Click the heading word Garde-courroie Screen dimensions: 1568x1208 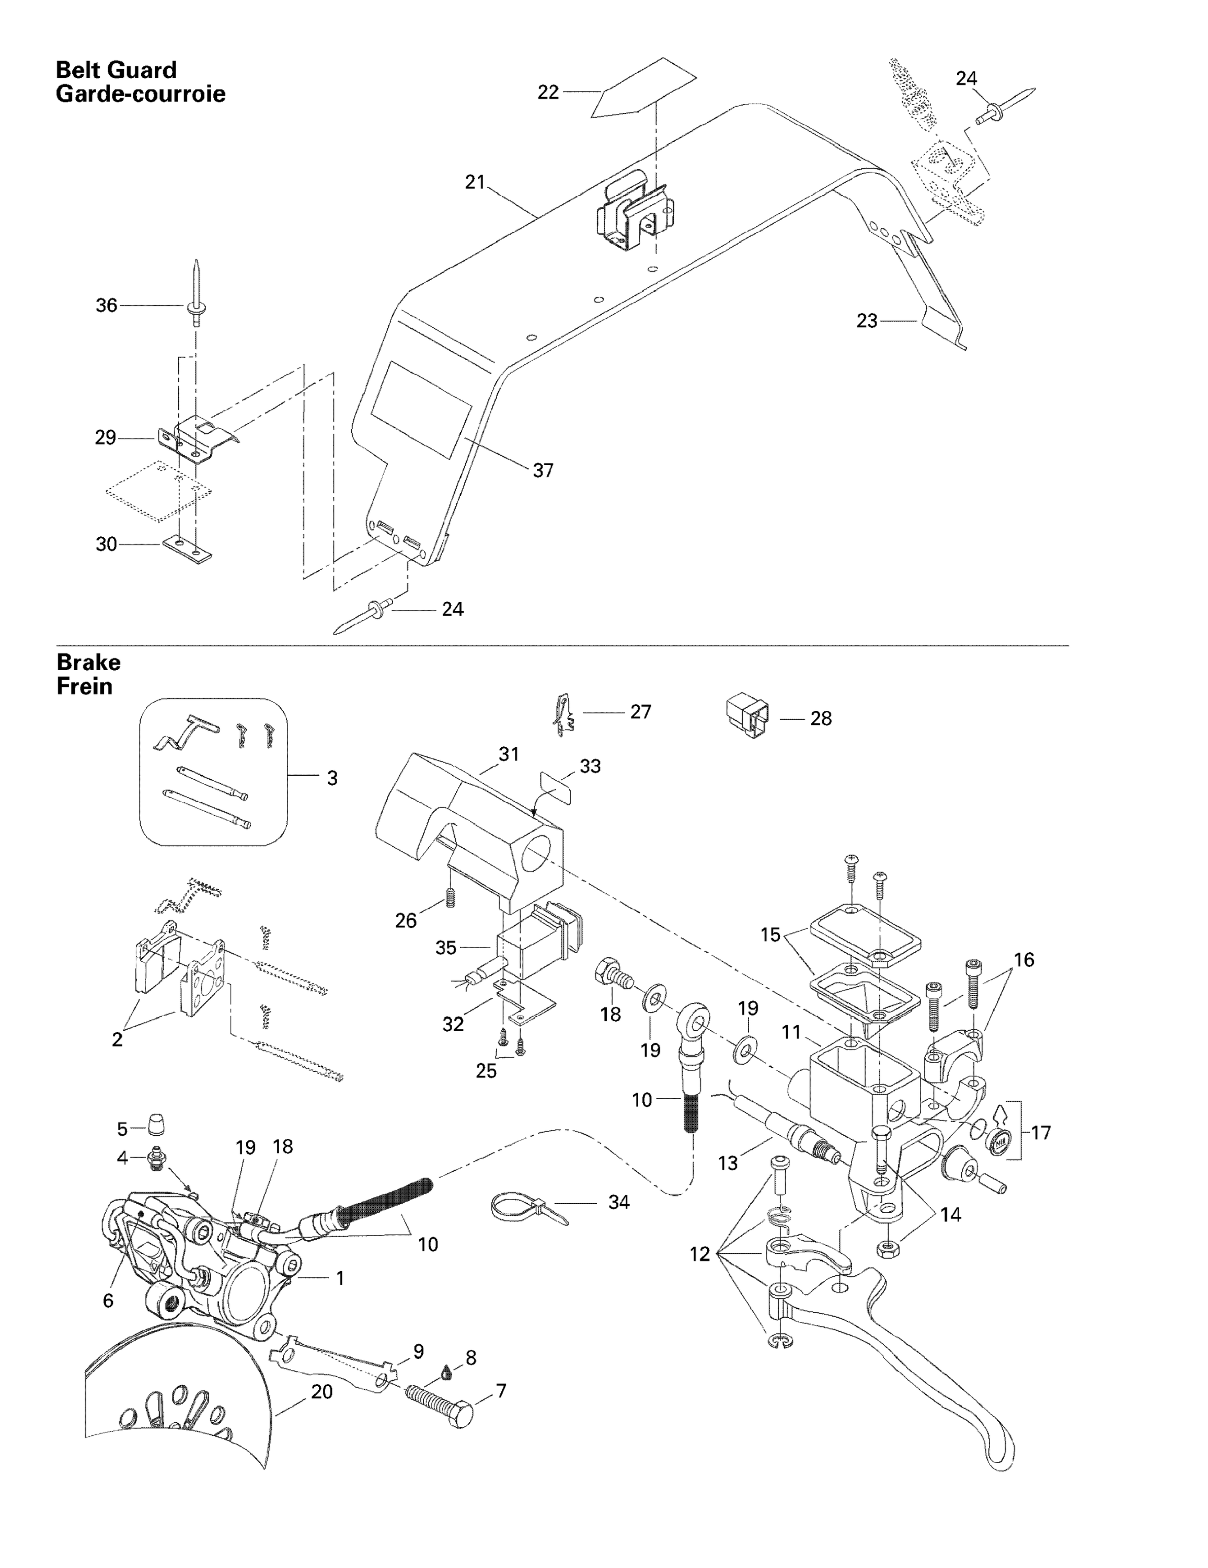[x=140, y=94]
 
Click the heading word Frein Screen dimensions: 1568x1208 [x=84, y=686]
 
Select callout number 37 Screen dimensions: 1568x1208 [x=543, y=470]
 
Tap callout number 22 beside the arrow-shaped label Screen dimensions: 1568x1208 [x=548, y=92]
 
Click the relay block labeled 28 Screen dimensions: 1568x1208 [x=747, y=715]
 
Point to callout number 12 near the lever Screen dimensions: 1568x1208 [x=699, y=1253]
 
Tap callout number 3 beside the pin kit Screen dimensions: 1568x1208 [x=332, y=778]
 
